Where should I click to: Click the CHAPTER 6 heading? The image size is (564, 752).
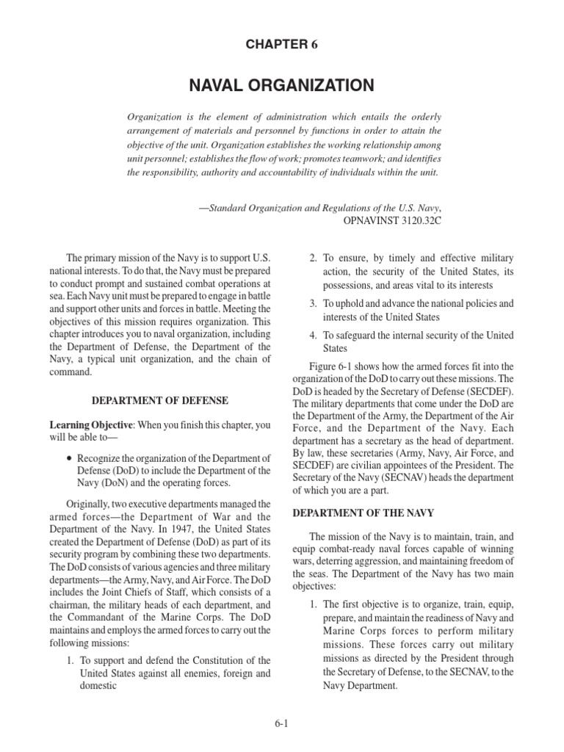(281, 44)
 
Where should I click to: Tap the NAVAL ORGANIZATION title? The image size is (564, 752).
(281, 86)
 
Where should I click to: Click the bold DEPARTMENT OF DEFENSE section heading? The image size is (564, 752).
(159, 400)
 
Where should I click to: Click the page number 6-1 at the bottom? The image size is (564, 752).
(282, 723)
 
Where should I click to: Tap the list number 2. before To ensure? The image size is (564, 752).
(313, 258)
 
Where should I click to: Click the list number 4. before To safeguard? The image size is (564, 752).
(313, 336)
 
